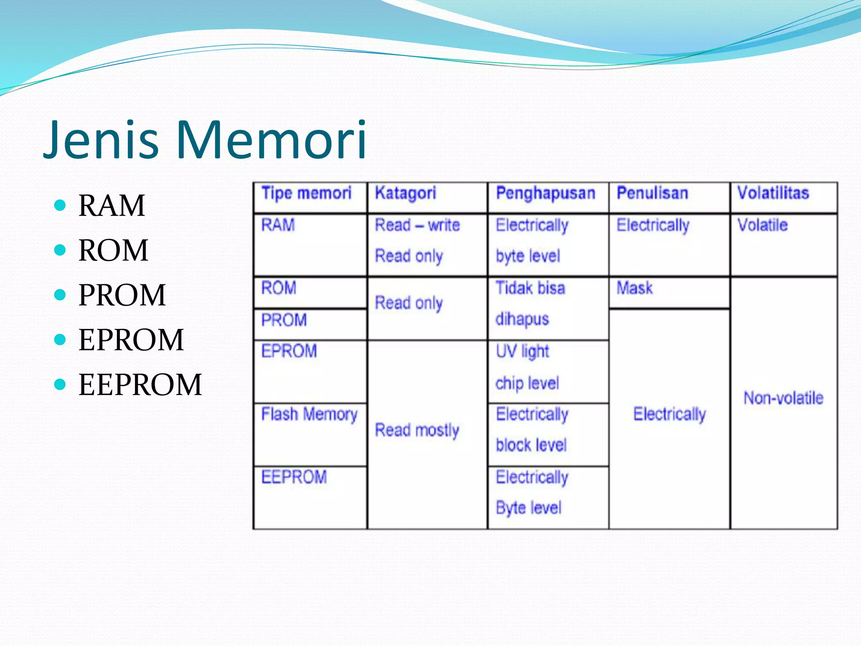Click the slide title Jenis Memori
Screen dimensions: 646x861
(x=205, y=140)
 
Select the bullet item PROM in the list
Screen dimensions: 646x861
(x=122, y=295)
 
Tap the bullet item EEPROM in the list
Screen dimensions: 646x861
(x=140, y=384)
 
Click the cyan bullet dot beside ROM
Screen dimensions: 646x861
(x=61, y=250)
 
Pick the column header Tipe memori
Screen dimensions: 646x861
(x=306, y=193)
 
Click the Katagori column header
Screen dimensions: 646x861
(x=405, y=193)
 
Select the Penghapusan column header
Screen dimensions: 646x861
(x=545, y=193)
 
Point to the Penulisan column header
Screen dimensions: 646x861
(x=652, y=193)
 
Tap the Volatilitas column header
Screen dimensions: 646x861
(x=773, y=193)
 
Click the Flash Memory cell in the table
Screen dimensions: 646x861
(x=309, y=414)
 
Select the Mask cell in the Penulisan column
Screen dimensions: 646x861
(x=634, y=289)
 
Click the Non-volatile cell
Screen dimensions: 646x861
(x=783, y=398)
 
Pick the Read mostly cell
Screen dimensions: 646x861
(x=417, y=430)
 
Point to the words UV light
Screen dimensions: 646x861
(x=522, y=352)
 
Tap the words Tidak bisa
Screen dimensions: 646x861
(x=530, y=289)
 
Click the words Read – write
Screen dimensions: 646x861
(x=417, y=225)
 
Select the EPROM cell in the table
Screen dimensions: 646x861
(x=289, y=351)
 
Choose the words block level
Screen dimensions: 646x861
(x=531, y=445)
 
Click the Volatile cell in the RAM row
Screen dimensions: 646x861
(x=762, y=225)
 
